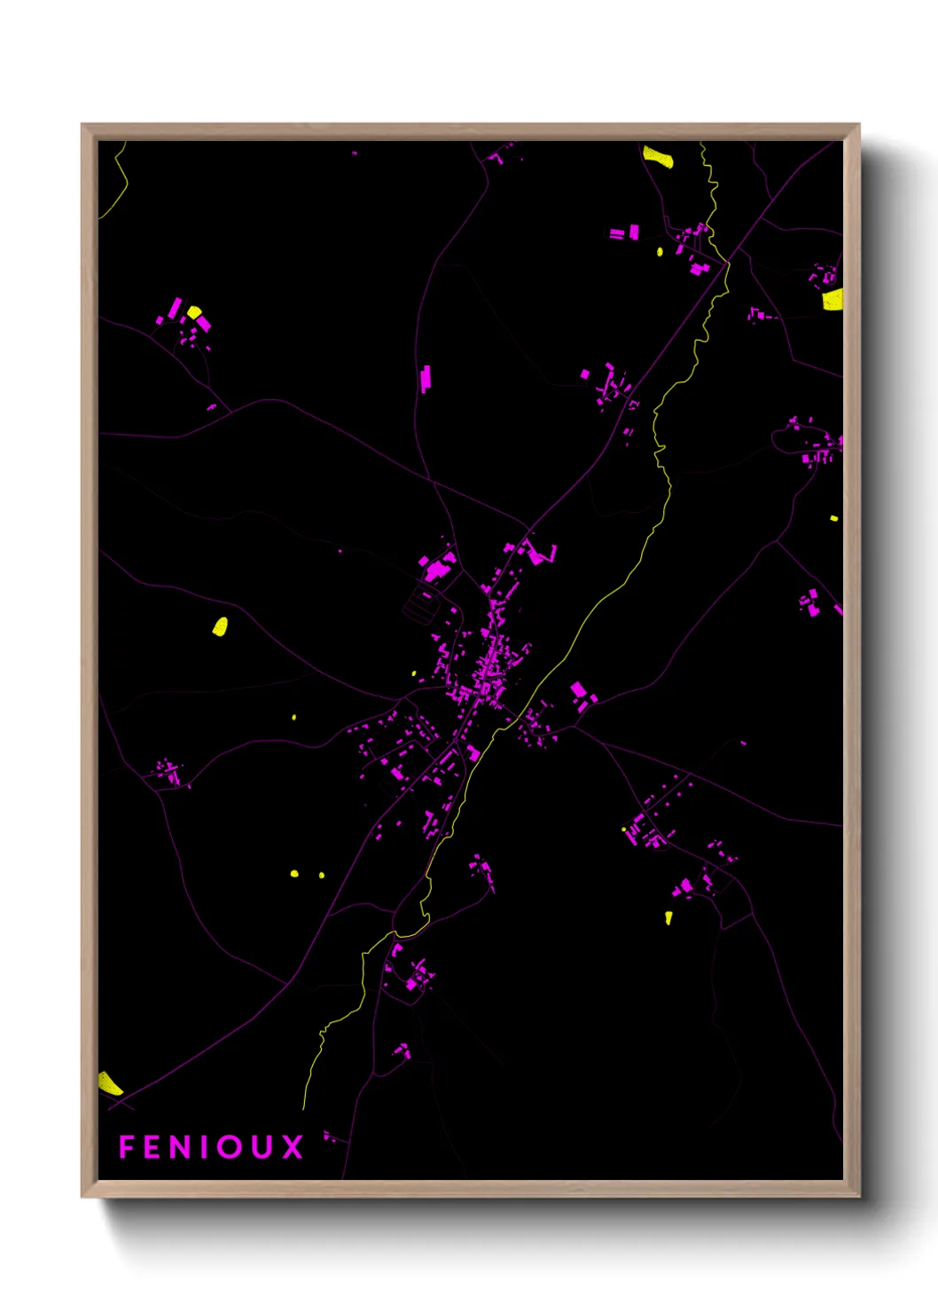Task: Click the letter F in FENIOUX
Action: (126, 1147)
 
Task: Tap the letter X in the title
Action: (293, 1147)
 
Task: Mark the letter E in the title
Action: (152, 1147)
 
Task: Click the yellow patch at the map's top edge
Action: (658, 157)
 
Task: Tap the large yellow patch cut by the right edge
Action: (832, 299)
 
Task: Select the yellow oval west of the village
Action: (220, 626)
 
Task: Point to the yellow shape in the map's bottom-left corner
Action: (109, 1083)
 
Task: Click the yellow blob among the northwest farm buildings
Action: (194, 312)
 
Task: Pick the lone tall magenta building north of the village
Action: (426, 378)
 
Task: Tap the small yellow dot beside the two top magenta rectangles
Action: (660, 251)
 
